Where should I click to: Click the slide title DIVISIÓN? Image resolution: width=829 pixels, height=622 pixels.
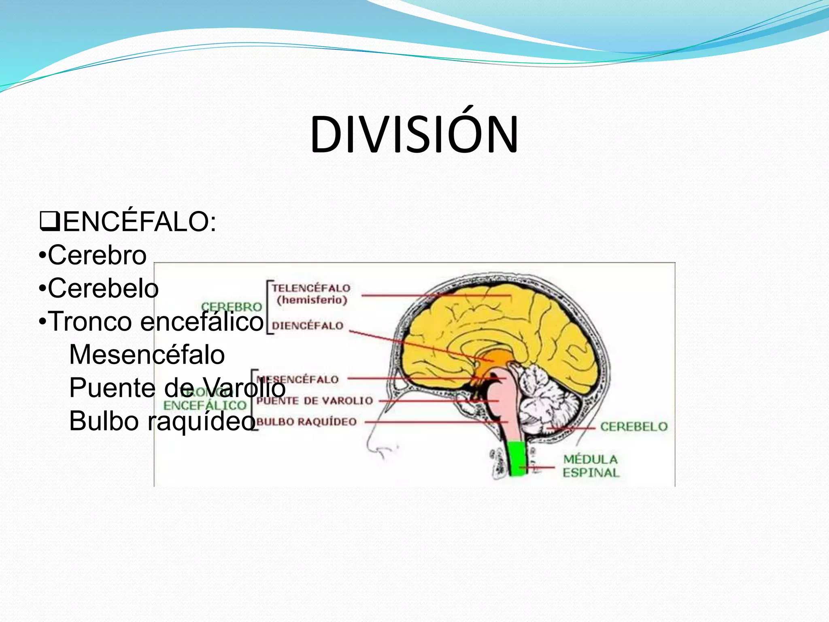pyautogui.click(x=414, y=134)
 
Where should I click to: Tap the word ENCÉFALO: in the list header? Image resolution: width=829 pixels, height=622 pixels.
pyautogui.click(x=140, y=222)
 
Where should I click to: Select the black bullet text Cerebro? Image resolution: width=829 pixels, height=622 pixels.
pyautogui.click(x=97, y=256)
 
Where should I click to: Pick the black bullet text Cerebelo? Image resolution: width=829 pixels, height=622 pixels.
pyautogui.click(x=103, y=289)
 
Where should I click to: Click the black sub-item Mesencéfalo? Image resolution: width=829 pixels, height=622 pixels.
pyautogui.click(x=147, y=355)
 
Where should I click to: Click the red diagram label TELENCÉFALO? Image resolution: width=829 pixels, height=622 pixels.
pyautogui.click(x=311, y=288)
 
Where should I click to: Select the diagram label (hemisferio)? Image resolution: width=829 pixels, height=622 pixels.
pyautogui.click(x=312, y=300)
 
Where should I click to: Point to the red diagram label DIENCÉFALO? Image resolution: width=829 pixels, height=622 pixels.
pyautogui.click(x=308, y=326)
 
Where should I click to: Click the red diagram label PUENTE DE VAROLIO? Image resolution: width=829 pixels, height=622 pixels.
pyautogui.click(x=315, y=401)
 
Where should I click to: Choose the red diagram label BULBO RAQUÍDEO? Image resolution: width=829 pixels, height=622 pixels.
pyautogui.click(x=307, y=422)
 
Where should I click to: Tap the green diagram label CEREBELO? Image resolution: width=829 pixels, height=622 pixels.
pyautogui.click(x=633, y=426)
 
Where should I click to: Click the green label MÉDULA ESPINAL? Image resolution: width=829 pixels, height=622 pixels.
pyautogui.click(x=591, y=466)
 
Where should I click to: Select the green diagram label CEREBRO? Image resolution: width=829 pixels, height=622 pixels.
pyautogui.click(x=232, y=307)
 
